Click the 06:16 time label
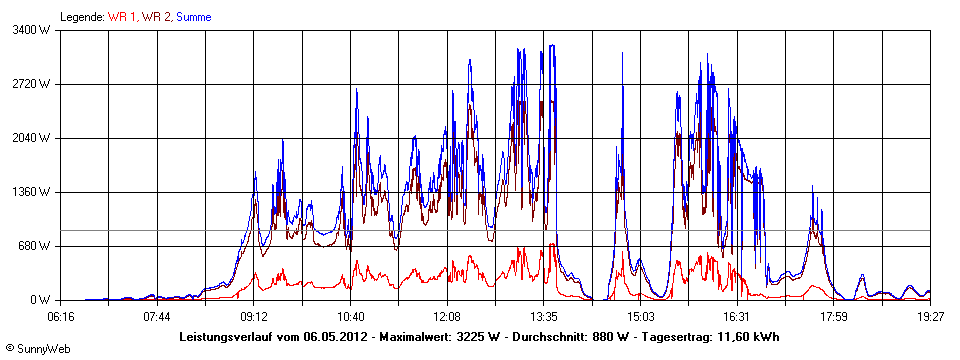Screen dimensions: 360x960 click(x=61, y=316)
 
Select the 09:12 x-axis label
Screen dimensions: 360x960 click(x=254, y=316)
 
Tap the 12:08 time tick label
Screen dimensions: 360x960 click(x=447, y=316)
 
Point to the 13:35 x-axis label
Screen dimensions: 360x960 click(x=543, y=316)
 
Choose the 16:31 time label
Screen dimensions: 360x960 click(x=736, y=316)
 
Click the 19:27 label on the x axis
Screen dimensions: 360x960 click(x=929, y=316)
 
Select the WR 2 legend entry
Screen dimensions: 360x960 click(x=156, y=17)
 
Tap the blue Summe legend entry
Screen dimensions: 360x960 click(x=194, y=17)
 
